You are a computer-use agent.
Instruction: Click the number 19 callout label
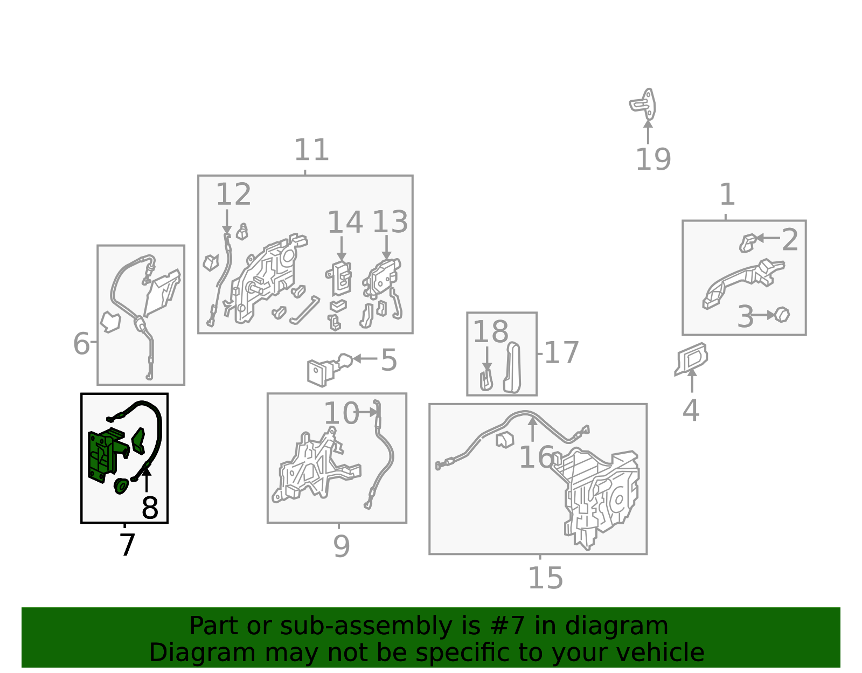[x=653, y=159]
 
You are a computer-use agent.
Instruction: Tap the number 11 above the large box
[x=311, y=150]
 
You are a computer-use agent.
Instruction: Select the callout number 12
[x=233, y=195]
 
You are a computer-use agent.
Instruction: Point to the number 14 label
[x=345, y=223]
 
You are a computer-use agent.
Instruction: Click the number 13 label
[x=390, y=222]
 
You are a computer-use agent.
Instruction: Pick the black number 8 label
[x=150, y=508]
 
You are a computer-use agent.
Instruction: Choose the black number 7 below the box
[x=127, y=545]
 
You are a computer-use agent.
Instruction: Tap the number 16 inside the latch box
[x=536, y=457]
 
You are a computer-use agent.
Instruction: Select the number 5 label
[x=389, y=360]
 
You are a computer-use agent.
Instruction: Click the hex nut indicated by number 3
[x=782, y=315]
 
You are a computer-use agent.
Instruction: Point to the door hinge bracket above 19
[x=643, y=104]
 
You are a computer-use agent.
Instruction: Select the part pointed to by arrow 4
[x=691, y=359]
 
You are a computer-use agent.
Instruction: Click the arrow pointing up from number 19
[x=648, y=132]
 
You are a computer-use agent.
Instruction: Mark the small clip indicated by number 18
[x=486, y=380]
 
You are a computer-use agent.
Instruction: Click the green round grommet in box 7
[x=121, y=486]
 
